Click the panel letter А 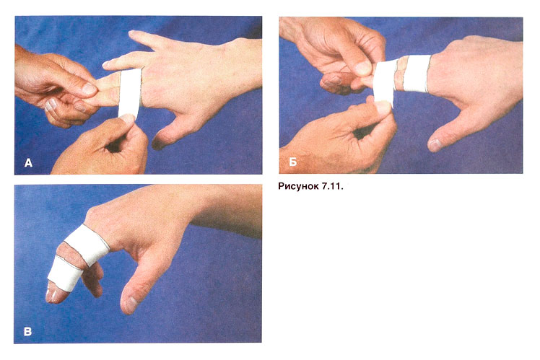point(28,163)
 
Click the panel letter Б point(292,162)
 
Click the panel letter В point(27,331)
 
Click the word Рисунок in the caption point(298,187)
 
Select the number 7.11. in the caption point(333,187)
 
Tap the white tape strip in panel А point(130,92)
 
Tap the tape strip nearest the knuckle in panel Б point(417,74)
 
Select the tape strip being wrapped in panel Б point(384,82)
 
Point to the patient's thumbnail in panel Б point(435,144)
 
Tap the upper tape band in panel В point(88,245)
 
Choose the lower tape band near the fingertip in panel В point(65,273)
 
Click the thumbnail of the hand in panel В point(131,305)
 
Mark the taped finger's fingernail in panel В point(52,295)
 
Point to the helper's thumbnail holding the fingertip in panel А point(89,89)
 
